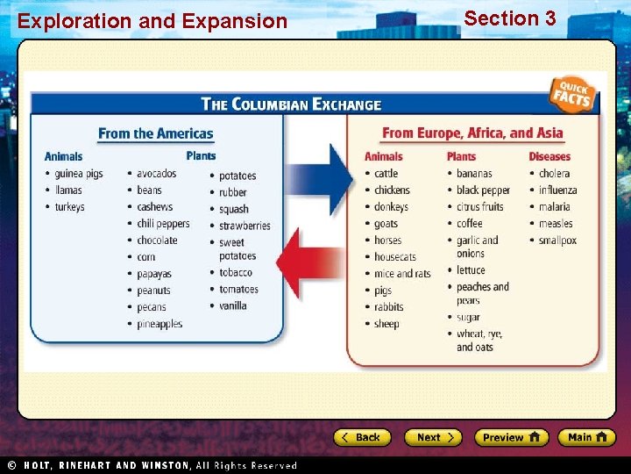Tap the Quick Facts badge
[574, 95]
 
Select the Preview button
[511, 437]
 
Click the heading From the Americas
[155, 133]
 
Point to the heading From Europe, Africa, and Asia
[472, 133]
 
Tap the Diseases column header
[549, 156]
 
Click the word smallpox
[557, 240]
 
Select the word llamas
[68, 190]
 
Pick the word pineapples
[160, 324]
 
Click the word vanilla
[232, 306]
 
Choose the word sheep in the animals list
[386, 324]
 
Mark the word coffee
[469, 223]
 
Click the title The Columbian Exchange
[291, 104]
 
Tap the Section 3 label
[509, 18]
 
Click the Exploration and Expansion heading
[152, 21]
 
